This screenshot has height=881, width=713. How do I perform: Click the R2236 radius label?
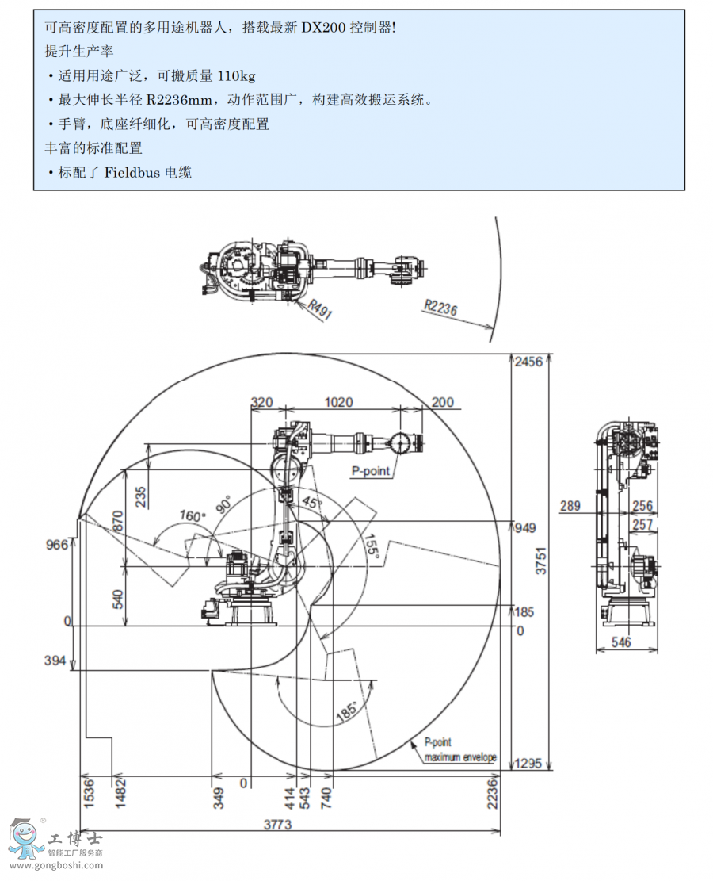pyautogui.click(x=441, y=308)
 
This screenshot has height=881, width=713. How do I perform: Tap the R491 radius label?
pyautogui.click(x=320, y=309)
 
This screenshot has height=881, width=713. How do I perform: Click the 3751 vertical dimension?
pyautogui.click(x=541, y=563)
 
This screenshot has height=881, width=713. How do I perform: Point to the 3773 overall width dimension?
pyautogui.click(x=277, y=825)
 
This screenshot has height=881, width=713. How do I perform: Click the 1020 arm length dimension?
pyautogui.click(x=338, y=402)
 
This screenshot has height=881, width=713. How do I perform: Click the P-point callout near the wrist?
pyautogui.click(x=371, y=471)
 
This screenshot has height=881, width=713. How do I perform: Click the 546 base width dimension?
pyautogui.click(x=622, y=642)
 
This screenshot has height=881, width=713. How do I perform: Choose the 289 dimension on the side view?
pyautogui.click(x=570, y=506)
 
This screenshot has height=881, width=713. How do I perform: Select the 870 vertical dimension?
pyautogui.click(x=119, y=520)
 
